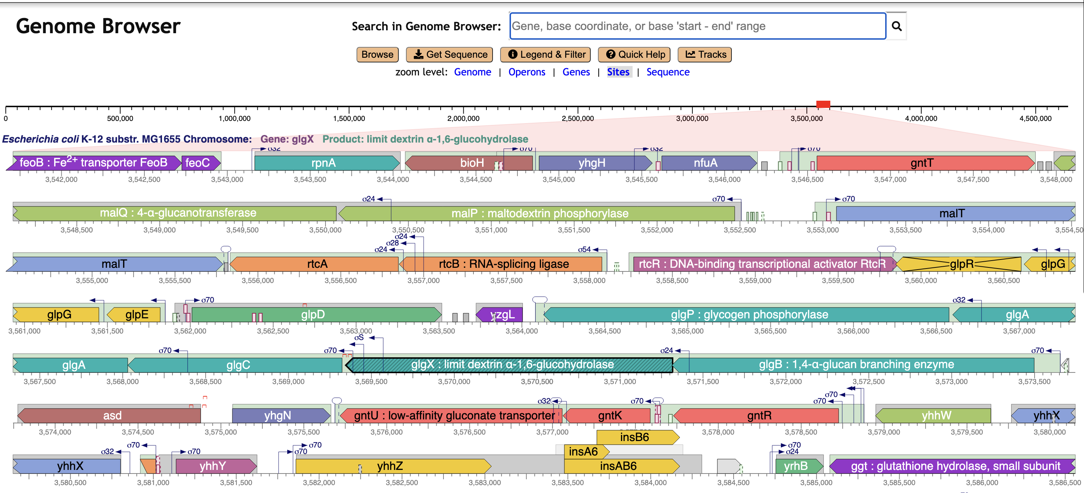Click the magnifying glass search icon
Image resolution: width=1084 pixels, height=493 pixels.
coord(896,26)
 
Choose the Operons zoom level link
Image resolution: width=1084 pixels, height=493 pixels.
coord(526,72)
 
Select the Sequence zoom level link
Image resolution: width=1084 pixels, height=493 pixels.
coord(668,72)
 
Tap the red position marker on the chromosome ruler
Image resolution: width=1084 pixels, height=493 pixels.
coord(823,104)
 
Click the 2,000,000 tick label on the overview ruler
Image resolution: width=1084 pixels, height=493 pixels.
coord(463,119)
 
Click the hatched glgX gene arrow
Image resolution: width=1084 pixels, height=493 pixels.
coord(511,365)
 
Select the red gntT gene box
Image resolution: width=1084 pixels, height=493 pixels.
coord(922,163)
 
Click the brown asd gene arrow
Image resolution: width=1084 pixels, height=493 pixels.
coord(112,415)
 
